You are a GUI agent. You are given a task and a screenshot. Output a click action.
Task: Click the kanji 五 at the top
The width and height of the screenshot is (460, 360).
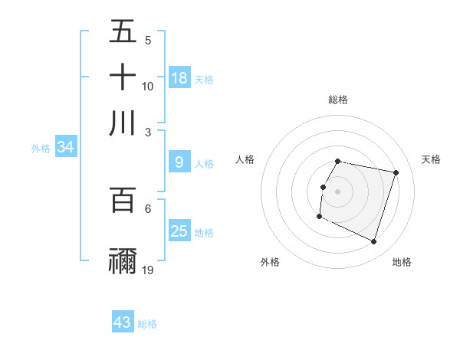point(123,32)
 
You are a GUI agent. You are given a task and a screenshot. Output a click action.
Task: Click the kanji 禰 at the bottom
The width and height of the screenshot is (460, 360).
point(123,260)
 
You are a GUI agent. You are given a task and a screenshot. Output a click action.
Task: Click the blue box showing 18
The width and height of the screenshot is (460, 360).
point(179,78)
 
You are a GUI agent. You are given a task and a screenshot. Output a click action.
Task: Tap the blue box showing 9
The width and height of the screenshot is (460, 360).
point(179,162)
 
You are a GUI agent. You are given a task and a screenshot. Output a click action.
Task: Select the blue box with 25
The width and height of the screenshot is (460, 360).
point(179,231)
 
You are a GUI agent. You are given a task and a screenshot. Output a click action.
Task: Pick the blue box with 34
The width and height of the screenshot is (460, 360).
point(65,148)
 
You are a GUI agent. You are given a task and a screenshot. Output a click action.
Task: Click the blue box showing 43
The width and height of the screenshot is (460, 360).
point(123,322)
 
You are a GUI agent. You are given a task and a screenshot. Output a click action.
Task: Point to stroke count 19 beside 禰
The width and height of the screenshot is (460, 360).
point(148,270)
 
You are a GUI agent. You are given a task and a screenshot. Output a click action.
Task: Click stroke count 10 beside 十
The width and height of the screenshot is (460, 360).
point(148,86)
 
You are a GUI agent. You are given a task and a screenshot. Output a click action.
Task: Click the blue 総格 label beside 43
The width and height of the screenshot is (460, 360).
point(147,324)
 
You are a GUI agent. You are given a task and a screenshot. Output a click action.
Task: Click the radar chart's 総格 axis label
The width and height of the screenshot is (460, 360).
point(337,100)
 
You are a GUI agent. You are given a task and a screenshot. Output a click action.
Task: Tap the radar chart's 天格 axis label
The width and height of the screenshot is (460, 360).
point(431,159)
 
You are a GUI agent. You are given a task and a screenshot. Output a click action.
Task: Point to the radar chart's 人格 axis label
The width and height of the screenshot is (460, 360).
point(245,159)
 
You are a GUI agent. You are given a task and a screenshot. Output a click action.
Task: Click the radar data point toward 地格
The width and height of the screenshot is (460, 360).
point(373,242)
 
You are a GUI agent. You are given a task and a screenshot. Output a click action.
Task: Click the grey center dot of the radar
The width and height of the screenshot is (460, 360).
point(337,191)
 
